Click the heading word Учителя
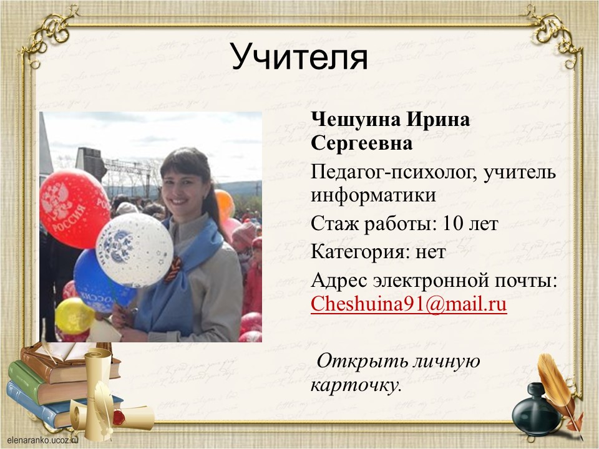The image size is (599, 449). point(299,57)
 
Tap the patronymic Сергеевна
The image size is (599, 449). point(361,143)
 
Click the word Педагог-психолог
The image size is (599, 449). point(394,173)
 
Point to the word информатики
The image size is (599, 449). point(373,195)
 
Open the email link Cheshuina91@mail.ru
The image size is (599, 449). point(409,304)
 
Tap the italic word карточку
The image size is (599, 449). point(356,385)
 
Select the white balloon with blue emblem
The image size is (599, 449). point(134,250)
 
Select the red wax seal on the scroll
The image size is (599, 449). point(119,417)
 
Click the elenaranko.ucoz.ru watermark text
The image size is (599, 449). point(42,440)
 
